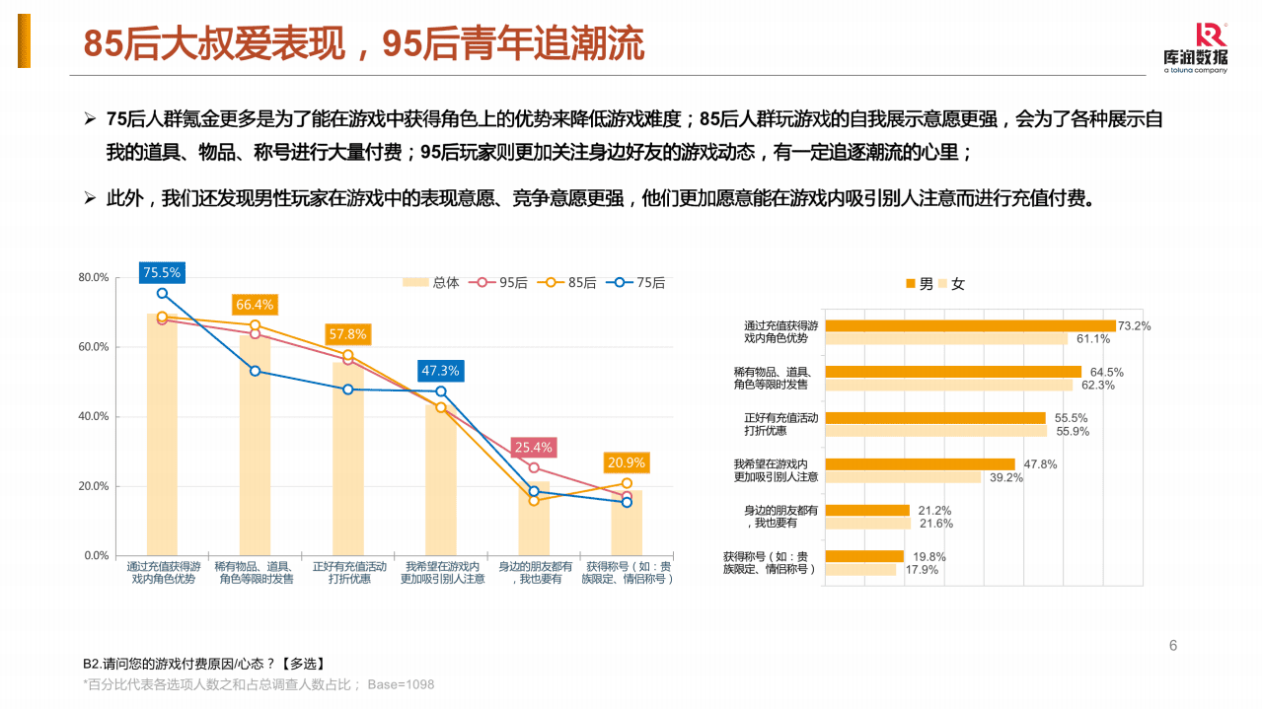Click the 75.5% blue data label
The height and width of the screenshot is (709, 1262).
click(162, 272)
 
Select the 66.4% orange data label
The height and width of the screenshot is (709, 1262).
click(255, 305)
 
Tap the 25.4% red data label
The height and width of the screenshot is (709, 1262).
click(533, 447)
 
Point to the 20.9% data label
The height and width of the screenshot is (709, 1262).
click(627, 462)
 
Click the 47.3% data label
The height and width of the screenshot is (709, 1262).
click(440, 371)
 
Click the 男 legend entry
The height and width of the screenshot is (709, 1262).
click(919, 284)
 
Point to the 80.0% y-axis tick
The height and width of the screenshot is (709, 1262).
click(94, 278)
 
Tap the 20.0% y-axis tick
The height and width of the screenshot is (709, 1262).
click(94, 486)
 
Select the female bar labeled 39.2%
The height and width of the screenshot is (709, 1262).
click(903, 477)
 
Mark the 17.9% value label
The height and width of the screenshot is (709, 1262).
click(922, 570)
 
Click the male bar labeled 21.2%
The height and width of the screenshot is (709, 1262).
click(867, 511)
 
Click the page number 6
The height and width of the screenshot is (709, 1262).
click(1172, 646)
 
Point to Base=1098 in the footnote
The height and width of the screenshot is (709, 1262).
click(401, 684)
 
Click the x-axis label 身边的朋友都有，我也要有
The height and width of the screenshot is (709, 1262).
click(535, 573)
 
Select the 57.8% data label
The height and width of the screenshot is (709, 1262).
click(347, 334)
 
